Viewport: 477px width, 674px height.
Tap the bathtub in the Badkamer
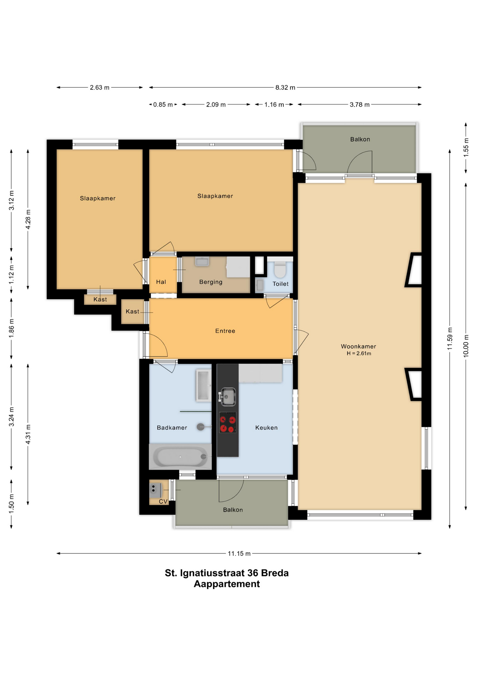[181, 456]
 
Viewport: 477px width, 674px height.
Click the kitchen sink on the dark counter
[228, 397]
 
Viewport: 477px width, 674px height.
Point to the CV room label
[163, 501]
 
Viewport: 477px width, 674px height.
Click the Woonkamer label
[358, 346]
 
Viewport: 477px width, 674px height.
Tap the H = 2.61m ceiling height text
[359, 353]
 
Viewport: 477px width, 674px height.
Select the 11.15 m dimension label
[239, 554]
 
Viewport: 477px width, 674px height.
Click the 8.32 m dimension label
[285, 87]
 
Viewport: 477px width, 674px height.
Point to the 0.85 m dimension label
[163, 105]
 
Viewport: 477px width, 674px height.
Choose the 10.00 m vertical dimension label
[466, 346]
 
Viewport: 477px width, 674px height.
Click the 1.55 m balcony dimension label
[466, 147]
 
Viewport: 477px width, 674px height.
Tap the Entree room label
[225, 331]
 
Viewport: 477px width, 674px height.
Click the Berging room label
[211, 282]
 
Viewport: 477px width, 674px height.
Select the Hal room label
[161, 282]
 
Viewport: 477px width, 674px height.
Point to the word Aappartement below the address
[227, 584]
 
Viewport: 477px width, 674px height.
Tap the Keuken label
[266, 428]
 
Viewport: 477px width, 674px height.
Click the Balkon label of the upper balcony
[360, 139]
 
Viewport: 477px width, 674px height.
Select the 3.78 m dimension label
[359, 105]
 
